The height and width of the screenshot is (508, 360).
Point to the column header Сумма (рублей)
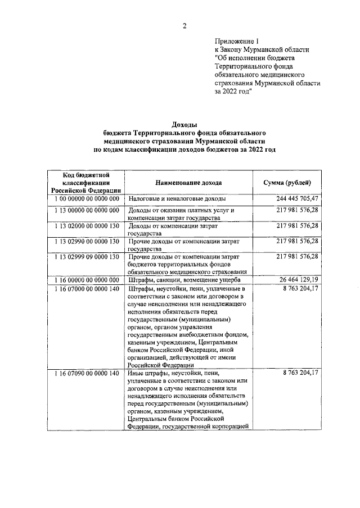tap(288, 183)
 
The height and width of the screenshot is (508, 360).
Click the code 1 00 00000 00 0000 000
tap(87, 199)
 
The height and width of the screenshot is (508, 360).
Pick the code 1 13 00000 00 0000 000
tap(87, 210)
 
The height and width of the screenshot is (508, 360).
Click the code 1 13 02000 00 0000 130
tap(87, 225)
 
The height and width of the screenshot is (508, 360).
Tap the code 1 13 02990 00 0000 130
tap(87, 241)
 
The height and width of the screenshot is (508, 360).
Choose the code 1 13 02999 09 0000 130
tap(87, 256)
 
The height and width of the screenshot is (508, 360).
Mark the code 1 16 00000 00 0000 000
tap(87, 279)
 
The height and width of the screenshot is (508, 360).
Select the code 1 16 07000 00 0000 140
tap(87, 289)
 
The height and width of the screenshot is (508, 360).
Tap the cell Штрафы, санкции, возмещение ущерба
tap(184, 279)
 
